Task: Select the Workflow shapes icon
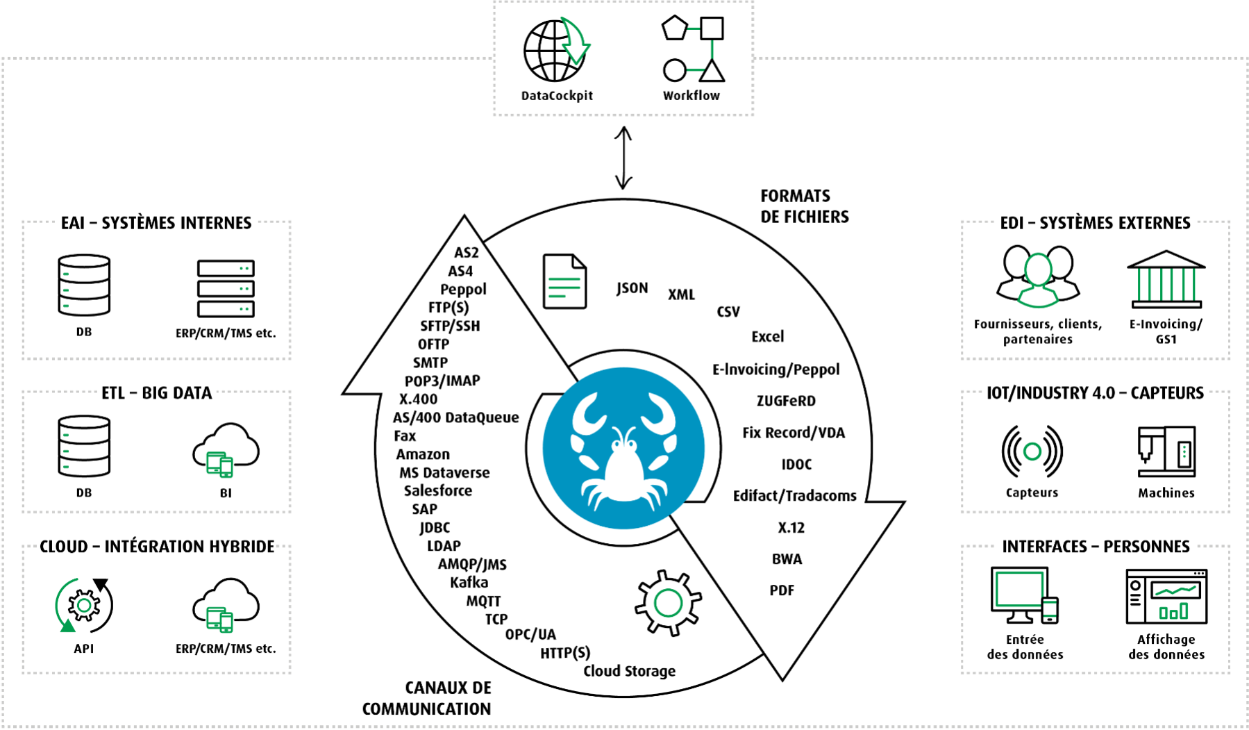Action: [x=693, y=49]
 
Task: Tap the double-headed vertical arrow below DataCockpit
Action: [x=623, y=158]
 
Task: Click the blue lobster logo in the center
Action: [x=623, y=449]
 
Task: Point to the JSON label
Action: [x=632, y=288]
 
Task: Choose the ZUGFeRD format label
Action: [x=786, y=401]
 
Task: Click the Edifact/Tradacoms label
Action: [x=794, y=496]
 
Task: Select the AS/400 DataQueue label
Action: [x=455, y=417]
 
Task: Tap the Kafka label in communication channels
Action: [x=469, y=583]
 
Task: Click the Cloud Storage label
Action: [x=629, y=671]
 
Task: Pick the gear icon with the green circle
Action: [x=668, y=603]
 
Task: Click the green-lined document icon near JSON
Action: [x=564, y=281]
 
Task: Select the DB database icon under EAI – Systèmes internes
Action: [x=84, y=285]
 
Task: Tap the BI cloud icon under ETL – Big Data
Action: [x=226, y=449]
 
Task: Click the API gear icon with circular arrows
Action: [x=84, y=606]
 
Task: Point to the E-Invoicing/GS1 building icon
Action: [x=1166, y=279]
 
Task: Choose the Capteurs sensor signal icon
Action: [x=1032, y=451]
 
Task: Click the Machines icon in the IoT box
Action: [x=1166, y=451]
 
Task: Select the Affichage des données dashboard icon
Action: [x=1166, y=597]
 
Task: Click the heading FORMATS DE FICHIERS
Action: [x=804, y=206]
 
